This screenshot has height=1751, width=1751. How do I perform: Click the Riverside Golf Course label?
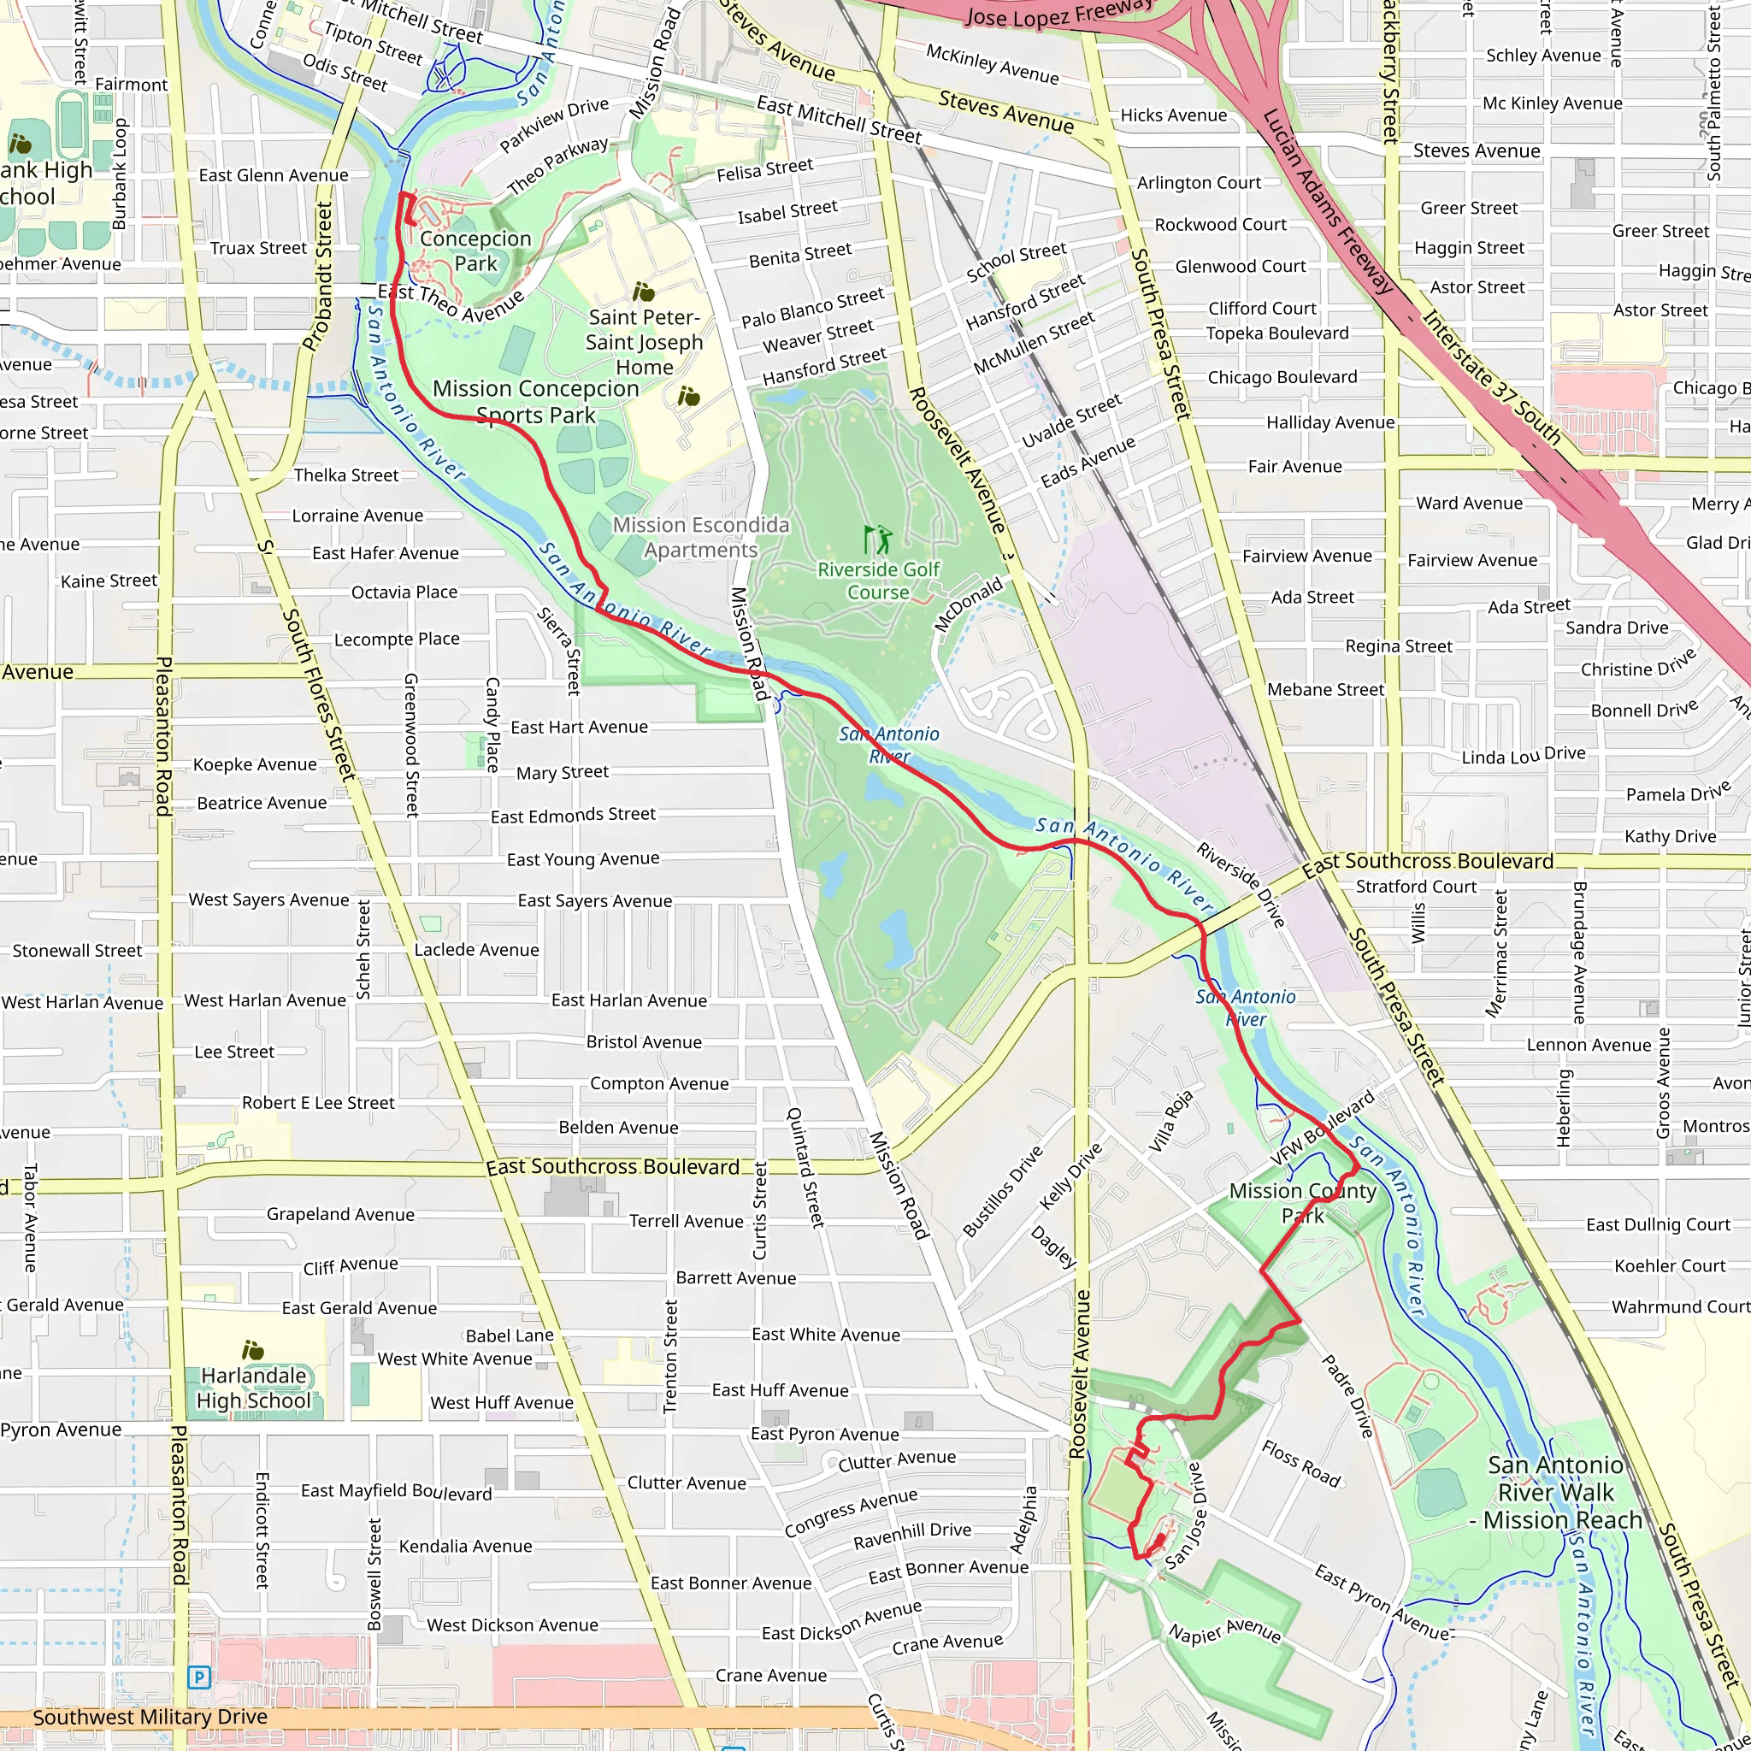tap(878, 581)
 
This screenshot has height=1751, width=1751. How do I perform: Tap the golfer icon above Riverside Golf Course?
tap(877, 540)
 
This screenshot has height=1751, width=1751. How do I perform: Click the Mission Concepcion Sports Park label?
tap(535, 402)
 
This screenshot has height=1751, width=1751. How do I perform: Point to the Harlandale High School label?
tap(254, 1388)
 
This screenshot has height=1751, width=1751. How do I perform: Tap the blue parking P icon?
tap(198, 1677)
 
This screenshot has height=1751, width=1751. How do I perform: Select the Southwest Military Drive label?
tap(150, 1717)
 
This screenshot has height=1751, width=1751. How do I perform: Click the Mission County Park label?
tap(1302, 1203)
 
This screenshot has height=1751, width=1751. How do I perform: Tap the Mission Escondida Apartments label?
tap(700, 538)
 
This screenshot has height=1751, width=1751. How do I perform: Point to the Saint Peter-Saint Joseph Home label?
tap(644, 342)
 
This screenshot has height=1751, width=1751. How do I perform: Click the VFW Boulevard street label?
tap(1323, 1129)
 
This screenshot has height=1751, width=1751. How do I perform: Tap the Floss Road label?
tap(1300, 1464)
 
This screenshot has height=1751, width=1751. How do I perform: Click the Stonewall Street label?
tap(77, 951)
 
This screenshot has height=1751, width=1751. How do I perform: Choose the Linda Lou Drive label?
tap(1524, 755)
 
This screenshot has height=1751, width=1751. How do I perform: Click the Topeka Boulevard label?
tap(1277, 333)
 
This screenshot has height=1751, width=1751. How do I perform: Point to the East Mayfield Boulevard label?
tap(396, 1491)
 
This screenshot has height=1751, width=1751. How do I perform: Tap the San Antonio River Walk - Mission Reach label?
tap(1555, 1492)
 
